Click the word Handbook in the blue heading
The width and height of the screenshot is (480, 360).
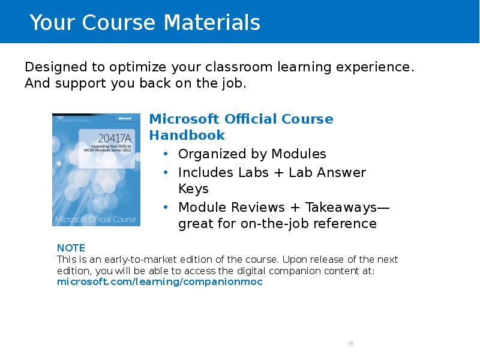click(187, 135)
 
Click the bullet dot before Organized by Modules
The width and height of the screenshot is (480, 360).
click(166, 154)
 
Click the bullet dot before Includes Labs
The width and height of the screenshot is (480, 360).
click(166, 173)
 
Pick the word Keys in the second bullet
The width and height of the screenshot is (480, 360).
click(193, 189)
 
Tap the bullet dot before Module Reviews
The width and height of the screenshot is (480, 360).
click(166, 208)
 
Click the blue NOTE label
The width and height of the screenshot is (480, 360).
click(71, 248)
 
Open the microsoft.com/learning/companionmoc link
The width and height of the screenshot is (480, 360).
click(160, 281)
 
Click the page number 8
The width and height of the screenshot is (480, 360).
click(350, 344)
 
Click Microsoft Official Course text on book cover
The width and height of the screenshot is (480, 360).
click(96, 219)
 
